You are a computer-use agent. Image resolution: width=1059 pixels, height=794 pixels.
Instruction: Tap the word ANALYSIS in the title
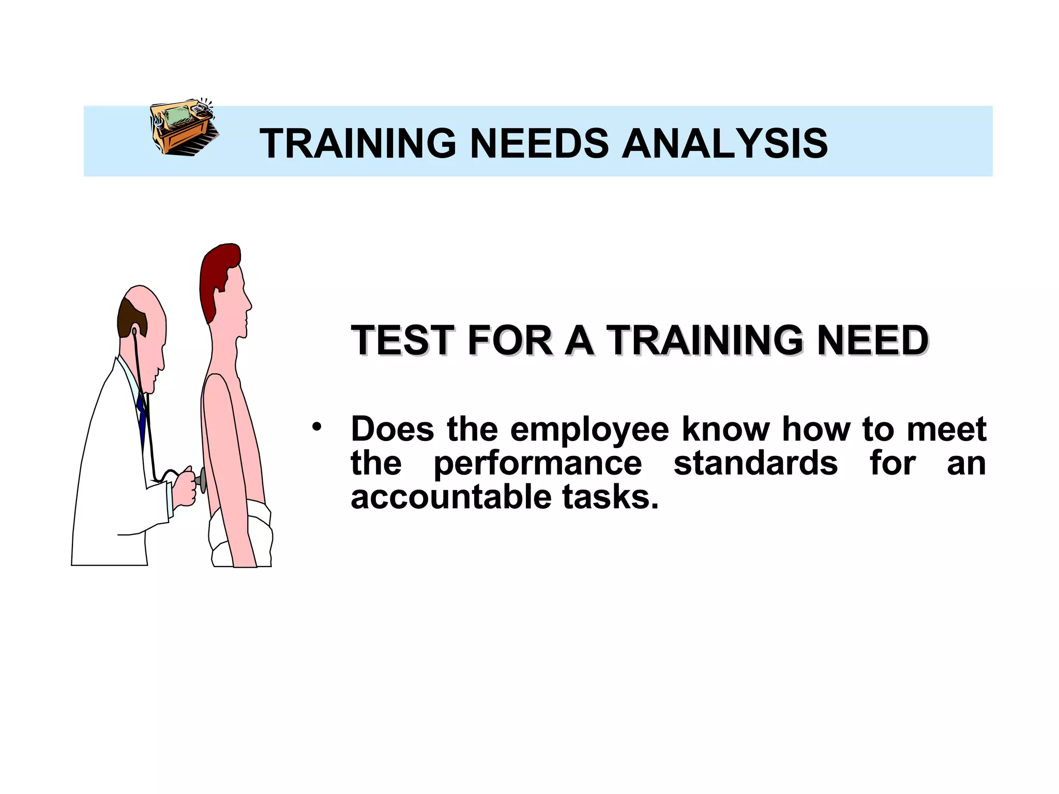[724, 143]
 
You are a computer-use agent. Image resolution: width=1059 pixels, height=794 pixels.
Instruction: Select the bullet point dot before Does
[316, 427]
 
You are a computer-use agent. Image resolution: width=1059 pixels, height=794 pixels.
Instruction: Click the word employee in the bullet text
[589, 429]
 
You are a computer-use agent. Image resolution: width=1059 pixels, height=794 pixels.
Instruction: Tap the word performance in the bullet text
[538, 463]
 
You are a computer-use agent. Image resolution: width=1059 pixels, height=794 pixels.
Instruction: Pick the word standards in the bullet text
[755, 462]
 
